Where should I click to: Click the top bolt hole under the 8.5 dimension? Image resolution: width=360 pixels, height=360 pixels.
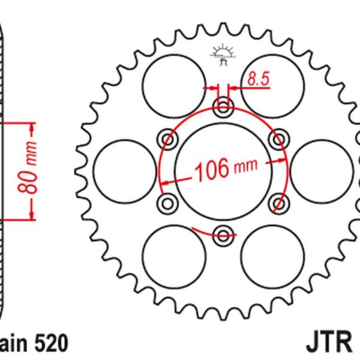224,109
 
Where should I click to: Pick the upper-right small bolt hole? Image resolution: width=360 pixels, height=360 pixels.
278,140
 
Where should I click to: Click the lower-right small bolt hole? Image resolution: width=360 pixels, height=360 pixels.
278,203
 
